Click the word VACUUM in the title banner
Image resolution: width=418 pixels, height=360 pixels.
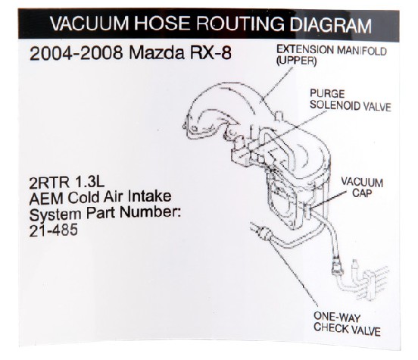[x=89, y=23]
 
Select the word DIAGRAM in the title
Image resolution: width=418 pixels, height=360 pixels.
[x=331, y=25]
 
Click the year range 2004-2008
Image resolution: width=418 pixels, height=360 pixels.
[x=76, y=53]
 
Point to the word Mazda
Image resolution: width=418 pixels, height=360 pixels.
[x=157, y=53]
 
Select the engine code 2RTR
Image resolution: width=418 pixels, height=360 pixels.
[x=49, y=183]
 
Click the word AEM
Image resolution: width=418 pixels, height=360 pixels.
[x=46, y=198]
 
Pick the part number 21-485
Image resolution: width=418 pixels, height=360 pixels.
[x=54, y=230]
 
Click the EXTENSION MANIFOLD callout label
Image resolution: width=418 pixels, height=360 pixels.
[x=332, y=50]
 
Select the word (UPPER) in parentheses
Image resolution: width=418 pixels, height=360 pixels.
[x=296, y=61]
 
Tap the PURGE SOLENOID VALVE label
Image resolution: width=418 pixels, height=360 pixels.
[x=351, y=100]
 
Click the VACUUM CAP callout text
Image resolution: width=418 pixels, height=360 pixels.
[x=362, y=188]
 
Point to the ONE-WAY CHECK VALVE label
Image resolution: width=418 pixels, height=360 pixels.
[x=347, y=324]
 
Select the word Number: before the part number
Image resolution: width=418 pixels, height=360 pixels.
[x=151, y=213]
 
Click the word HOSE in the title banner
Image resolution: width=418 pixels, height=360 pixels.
[x=163, y=23]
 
